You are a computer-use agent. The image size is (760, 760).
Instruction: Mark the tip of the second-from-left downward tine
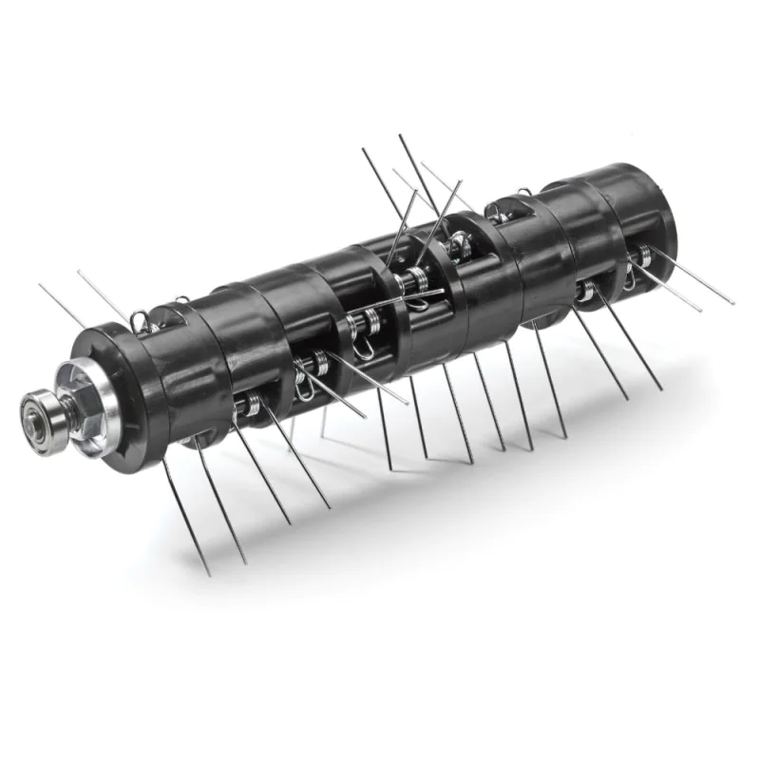pyautogui.click(x=246, y=562)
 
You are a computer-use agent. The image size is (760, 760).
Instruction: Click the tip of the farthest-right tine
pyautogui.click(x=733, y=303)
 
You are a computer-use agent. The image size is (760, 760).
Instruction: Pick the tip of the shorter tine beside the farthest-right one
pyautogui.click(x=701, y=311)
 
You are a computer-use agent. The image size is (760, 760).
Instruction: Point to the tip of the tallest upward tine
pyautogui.click(x=400, y=135)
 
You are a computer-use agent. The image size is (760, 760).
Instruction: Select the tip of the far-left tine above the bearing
pyautogui.click(x=40, y=284)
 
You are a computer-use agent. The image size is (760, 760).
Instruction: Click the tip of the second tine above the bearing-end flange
pyautogui.click(x=79, y=272)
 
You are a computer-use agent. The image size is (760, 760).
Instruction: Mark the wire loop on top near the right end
pyautogui.click(x=524, y=199)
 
